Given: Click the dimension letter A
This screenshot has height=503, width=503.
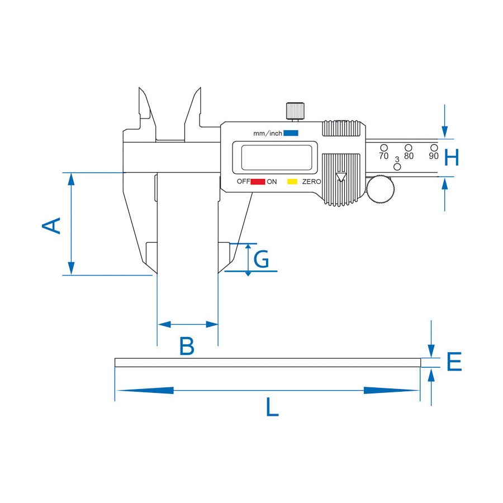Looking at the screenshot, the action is tap(51, 226).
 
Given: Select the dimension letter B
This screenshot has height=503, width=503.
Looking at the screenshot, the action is tap(187, 346).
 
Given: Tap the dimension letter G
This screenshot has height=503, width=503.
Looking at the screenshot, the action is tap(261, 259).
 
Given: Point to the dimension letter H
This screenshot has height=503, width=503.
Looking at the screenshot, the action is tap(452, 157).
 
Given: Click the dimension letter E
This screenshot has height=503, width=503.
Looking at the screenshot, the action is tap(454, 362).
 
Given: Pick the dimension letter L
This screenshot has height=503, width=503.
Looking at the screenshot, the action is tap(272, 407).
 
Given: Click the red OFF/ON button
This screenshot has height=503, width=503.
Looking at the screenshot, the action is tap(258, 182).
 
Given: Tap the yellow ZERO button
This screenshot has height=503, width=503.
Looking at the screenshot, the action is tap(292, 182).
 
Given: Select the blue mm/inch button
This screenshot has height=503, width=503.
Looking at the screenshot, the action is tap(291, 133).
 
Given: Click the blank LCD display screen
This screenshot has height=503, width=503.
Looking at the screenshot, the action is tap(277, 157).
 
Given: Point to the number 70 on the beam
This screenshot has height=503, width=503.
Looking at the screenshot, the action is tap(383, 156).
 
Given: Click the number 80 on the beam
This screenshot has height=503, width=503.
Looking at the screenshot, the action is tap(409, 156).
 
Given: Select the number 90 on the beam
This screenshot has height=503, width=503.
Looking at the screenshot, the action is tap(433, 156).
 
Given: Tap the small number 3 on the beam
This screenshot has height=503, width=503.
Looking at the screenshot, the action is tap(397, 159).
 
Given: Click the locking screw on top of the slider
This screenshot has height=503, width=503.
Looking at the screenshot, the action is tap(295, 111).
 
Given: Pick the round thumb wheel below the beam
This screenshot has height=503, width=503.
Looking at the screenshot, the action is tap(381, 189).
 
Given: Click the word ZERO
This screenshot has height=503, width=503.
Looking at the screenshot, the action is tap(311, 182).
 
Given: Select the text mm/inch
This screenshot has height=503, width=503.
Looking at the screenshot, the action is tap(268, 133).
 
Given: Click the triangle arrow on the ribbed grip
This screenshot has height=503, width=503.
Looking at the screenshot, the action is tap(341, 177).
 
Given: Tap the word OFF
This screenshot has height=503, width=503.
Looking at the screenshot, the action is tap(244, 182).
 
